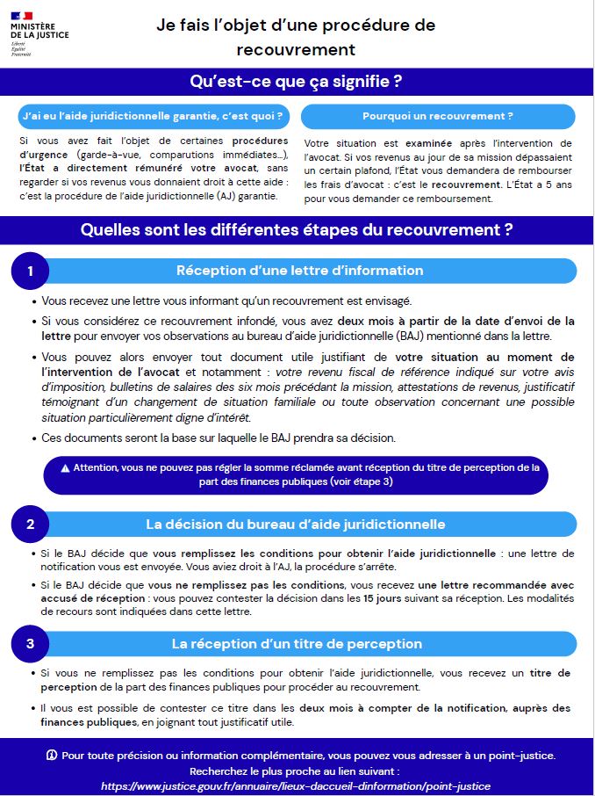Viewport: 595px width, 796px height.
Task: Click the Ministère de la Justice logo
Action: pyautogui.click(x=39, y=30)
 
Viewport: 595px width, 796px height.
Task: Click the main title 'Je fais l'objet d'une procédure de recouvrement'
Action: pyautogui.click(x=296, y=37)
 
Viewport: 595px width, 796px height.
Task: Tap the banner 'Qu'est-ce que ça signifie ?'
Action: pyautogui.click(x=297, y=83)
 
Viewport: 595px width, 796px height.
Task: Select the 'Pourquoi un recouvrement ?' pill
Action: pyautogui.click(x=438, y=116)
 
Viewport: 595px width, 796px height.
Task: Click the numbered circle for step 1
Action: pyautogui.click(x=30, y=271)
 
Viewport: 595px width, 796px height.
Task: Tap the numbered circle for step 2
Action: pyautogui.click(x=30, y=525)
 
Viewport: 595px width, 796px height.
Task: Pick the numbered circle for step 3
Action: pyautogui.click(x=30, y=644)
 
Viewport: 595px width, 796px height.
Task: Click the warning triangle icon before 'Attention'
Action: pyautogui.click(x=65, y=467)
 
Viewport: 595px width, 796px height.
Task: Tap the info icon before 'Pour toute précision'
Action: pyautogui.click(x=52, y=755)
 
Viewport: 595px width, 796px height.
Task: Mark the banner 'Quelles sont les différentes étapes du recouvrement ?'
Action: pyautogui.click(x=297, y=230)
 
